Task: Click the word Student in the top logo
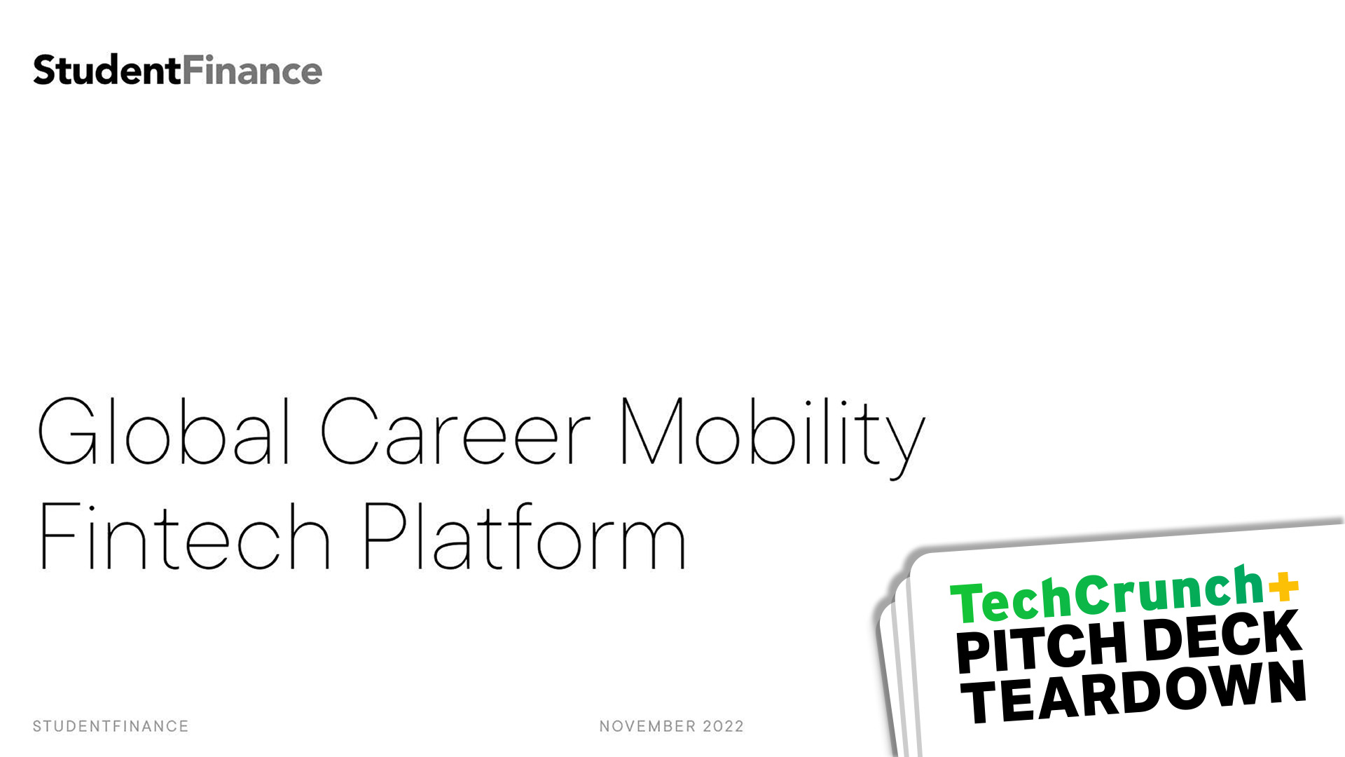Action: [x=107, y=70]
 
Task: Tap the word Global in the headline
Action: [x=164, y=431]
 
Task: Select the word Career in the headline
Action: [x=456, y=431]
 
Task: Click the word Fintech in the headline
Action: [x=185, y=536]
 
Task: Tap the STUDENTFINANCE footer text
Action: [x=111, y=726]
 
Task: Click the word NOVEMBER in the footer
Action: [x=647, y=726]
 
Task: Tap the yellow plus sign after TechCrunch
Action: [x=1283, y=587]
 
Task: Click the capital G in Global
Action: [x=68, y=431]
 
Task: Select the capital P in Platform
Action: [x=386, y=536]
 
